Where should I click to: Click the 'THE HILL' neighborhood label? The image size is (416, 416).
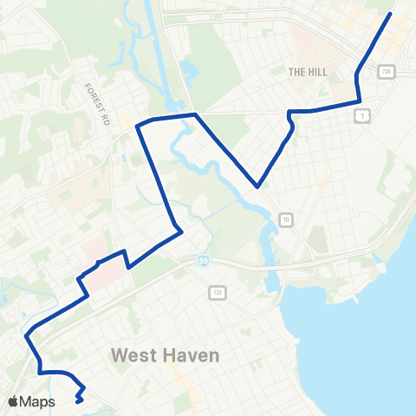(x=308, y=72)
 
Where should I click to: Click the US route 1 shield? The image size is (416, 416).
(x=362, y=114)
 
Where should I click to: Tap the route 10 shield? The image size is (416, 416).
(x=285, y=220)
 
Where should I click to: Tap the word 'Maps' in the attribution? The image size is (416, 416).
(x=38, y=401)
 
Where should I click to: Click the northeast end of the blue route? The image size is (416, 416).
(x=391, y=14)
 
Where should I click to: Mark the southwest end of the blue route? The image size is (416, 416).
(x=78, y=401)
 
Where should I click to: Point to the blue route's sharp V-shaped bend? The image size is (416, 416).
(x=257, y=185)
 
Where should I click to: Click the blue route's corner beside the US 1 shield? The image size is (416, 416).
(x=360, y=101)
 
